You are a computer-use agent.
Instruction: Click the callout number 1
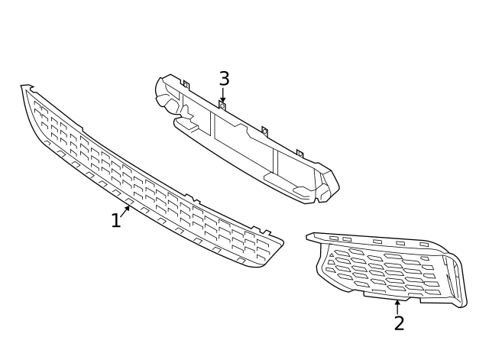point(115,221)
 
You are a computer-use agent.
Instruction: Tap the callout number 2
point(399,323)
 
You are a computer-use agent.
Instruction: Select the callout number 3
point(224,79)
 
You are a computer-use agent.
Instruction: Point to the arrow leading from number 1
point(125,212)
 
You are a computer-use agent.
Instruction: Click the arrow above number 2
point(397,306)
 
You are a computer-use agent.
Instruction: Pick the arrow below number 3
point(222,96)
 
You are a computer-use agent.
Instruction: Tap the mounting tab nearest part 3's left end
point(185,86)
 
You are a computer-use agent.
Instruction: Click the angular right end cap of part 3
point(327,186)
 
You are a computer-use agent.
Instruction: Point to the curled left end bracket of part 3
point(163,92)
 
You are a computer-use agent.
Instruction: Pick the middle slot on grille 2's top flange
point(377,242)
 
